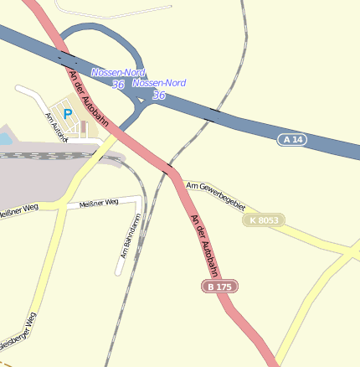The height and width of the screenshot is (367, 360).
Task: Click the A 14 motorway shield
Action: (x=292, y=139)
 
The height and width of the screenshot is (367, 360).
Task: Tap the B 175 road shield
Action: (x=219, y=287)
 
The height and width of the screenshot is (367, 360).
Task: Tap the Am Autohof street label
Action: (x=56, y=127)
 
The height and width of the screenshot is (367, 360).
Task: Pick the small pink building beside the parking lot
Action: (x=83, y=128)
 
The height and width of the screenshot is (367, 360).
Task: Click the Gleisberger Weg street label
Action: (x=18, y=333)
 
